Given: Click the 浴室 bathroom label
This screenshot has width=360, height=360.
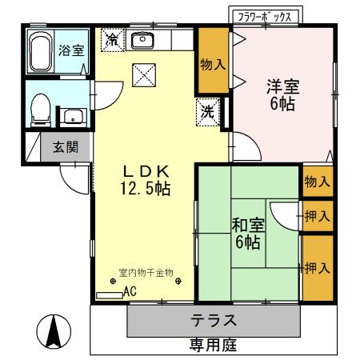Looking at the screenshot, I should (x=71, y=50).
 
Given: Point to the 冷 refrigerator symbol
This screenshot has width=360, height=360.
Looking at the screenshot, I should (x=113, y=38).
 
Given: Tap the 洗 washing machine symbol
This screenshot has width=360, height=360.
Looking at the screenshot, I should (x=206, y=113).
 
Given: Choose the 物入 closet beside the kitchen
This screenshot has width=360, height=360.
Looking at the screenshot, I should (x=212, y=64).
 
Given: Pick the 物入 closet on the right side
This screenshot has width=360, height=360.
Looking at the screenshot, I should (x=317, y=182).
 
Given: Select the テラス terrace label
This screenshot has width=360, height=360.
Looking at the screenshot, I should (x=213, y=321).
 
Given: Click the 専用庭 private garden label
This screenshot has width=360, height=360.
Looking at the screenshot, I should (x=213, y=346).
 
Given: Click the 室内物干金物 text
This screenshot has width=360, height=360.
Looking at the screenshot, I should (x=145, y=272).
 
